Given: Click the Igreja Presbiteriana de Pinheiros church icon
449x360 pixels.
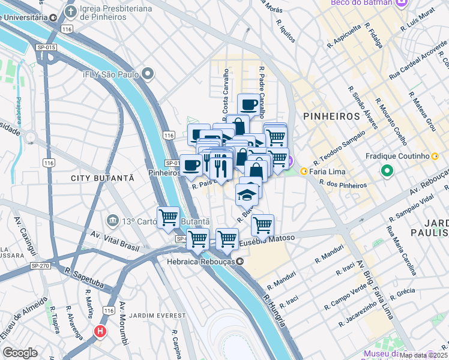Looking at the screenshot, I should (x=71, y=11).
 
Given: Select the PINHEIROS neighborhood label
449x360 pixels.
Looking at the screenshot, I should (x=331, y=116).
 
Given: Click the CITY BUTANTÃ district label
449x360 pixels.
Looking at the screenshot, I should (x=101, y=178).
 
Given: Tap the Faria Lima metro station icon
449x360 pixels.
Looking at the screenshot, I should (x=304, y=171).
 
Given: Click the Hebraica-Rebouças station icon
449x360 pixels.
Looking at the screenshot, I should (x=240, y=262).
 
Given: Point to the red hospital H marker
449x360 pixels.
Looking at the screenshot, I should (x=99, y=331).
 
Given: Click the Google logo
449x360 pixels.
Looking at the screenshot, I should (x=20, y=353).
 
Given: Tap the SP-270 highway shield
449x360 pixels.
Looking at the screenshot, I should (x=39, y=265).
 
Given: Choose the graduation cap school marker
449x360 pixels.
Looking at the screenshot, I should (x=246, y=194).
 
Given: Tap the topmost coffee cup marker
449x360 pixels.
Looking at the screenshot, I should (x=248, y=104).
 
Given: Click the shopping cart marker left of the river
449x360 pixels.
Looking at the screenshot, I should (x=168, y=217).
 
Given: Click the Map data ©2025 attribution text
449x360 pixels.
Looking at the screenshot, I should (x=423, y=355).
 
